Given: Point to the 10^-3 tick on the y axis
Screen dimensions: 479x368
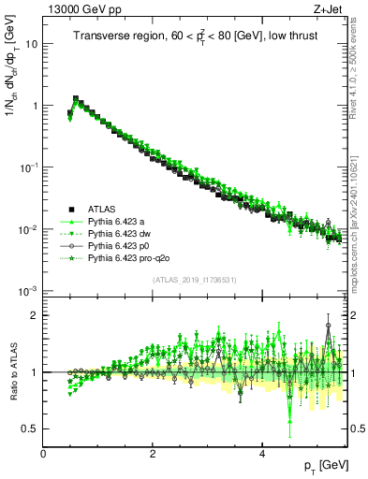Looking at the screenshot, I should tap(29, 291).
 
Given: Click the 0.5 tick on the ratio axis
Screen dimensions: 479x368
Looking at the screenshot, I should tap(31, 428).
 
